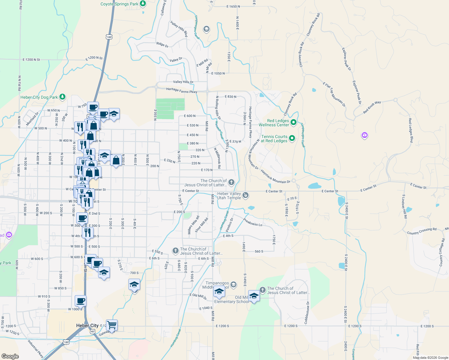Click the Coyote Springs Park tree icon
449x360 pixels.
[143, 4]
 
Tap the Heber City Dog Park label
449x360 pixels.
[39, 97]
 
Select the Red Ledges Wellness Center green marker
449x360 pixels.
[294, 122]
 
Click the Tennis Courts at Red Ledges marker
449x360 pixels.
[292, 138]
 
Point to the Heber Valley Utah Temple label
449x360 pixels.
[229, 196]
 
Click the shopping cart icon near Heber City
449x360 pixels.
[112, 325]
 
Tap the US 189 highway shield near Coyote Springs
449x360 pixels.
[109, 37]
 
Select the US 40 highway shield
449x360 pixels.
[92, 331]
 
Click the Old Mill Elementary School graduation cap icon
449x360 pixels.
[254, 296]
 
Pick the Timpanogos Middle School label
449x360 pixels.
[217, 285]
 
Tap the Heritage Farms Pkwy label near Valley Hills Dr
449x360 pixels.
[182, 90]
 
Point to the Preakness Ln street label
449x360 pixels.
[253, 222]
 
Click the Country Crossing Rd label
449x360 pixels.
[422, 231]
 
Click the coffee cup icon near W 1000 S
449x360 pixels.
[81, 300]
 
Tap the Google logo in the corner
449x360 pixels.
[10, 356]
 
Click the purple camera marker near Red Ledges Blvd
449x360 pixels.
[364, 135]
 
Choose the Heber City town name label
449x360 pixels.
[87, 325]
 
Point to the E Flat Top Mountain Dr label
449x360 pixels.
[334, 94]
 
